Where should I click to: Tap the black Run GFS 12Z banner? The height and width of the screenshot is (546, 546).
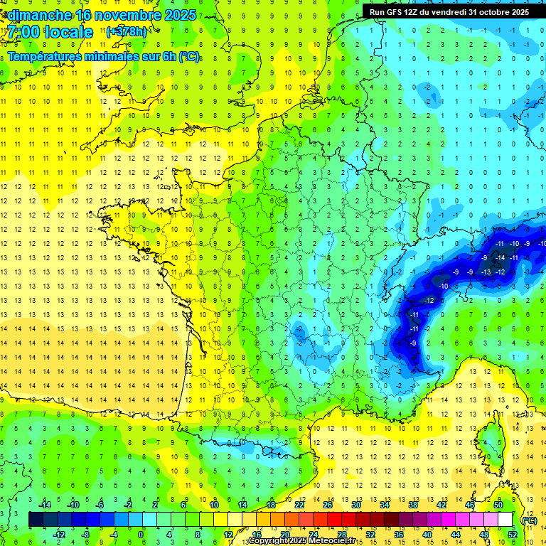pos(449,11)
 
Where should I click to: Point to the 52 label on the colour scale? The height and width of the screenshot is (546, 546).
pos(512,534)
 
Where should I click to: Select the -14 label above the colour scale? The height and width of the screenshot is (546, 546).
pos(45,505)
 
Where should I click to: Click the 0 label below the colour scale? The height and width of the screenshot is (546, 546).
pos(140,534)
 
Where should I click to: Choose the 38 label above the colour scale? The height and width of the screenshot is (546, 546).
pos(412,505)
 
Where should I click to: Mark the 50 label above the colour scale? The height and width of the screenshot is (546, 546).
pos(498,505)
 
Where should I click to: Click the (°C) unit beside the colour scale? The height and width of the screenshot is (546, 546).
pos(529,520)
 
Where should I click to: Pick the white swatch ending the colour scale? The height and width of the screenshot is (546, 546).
pos(505,520)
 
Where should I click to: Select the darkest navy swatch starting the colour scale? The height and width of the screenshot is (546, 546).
pos(36,520)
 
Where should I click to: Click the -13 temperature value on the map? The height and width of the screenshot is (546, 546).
pos(486,272)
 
